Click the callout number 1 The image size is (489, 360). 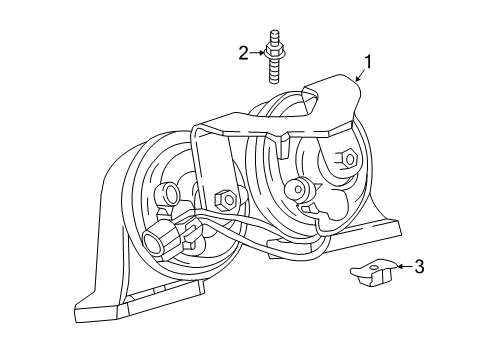point(367,62)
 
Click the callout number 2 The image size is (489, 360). point(244,53)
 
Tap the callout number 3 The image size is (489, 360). point(419,267)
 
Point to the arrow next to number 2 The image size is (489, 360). point(257,53)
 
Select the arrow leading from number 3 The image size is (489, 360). point(405,266)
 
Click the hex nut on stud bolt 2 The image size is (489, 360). point(273,52)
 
